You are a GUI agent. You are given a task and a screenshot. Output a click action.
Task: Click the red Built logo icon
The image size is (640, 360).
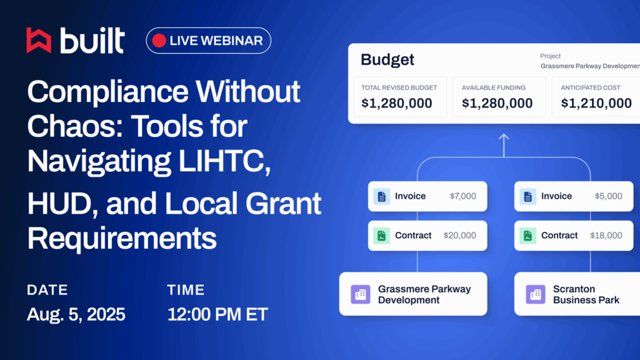(39, 41)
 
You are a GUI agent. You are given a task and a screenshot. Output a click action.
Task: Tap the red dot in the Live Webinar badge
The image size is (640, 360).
(159, 41)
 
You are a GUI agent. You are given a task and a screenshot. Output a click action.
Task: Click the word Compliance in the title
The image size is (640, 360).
(107, 92)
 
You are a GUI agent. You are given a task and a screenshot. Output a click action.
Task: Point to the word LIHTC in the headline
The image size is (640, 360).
(224, 161)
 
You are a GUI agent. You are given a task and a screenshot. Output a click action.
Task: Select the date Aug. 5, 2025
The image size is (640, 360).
(76, 314)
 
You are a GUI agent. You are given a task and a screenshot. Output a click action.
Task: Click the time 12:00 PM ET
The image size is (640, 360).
(217, 314)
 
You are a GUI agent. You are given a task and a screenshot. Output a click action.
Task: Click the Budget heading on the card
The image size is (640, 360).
(387, 59)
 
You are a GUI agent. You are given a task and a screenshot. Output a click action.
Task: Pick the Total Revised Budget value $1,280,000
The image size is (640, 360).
(397, 103)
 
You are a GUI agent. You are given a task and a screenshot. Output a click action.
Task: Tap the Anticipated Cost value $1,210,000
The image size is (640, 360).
(596, 103)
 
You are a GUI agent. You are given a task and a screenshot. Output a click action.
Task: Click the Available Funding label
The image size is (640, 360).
(494, 87)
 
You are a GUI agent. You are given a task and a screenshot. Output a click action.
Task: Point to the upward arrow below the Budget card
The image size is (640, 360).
(504, 145)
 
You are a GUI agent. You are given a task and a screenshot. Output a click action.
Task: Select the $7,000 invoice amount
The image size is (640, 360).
(463, 196)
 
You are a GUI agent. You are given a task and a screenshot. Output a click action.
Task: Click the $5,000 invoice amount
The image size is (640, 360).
(609, 196)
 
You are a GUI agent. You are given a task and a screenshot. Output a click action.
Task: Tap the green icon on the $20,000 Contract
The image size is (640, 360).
(382, 236)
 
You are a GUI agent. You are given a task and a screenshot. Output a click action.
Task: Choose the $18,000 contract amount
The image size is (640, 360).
(606, 236)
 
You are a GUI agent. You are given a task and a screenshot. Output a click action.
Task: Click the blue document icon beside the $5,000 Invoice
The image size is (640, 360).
(527, 196)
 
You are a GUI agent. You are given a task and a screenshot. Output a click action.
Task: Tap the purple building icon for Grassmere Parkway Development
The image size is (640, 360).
(361, 294)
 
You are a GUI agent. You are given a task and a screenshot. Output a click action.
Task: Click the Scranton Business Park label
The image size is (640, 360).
(586, 294)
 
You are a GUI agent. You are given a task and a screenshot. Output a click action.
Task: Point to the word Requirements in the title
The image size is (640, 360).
(122, 238)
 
